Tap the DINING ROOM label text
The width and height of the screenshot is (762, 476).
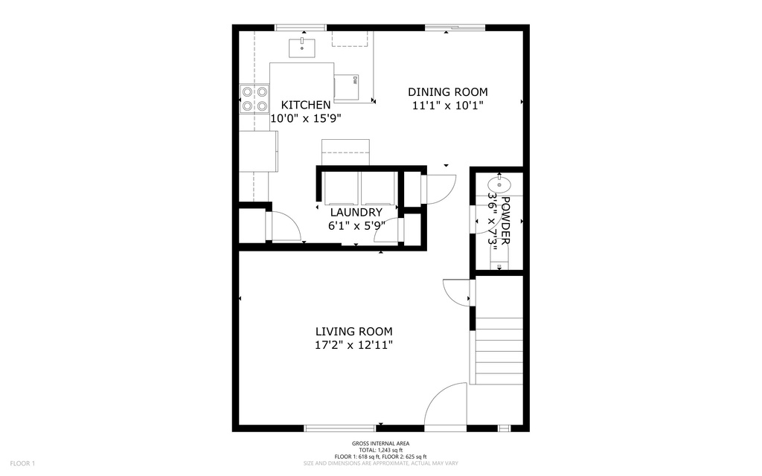click(x=448, y=92)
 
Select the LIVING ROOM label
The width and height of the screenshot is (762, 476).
click(x=353, y=332)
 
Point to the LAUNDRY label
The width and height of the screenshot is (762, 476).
click(x=356, y=213)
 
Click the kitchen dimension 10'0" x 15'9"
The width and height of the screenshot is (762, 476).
click(x=305, y=118)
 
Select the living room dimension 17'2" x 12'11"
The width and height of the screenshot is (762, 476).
click(x=353, y=345)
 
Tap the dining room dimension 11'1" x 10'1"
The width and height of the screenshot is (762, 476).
click(x=448, y=106)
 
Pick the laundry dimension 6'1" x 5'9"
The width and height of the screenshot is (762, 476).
click(x=356, y=225)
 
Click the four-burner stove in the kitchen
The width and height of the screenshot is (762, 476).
click(x=254, y=100)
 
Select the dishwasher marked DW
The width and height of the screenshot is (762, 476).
click(x=346, y=86)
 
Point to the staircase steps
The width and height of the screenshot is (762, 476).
click(x=499, y=350)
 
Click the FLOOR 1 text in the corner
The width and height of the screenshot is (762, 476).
click(x=22, y=463)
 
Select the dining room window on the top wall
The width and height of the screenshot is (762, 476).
click(x=455, y=28)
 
